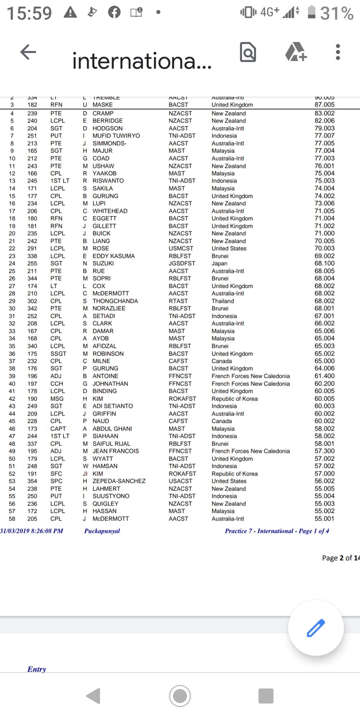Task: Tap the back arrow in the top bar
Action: pyautogui.click(x=28, y=52)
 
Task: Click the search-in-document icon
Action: pyautogui.click(x=248, y=52)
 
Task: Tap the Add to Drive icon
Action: pyautogui.click(x=296, y=52)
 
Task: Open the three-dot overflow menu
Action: pyautogui.click(x=338, y=52)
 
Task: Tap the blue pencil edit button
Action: pyautogui.click(x=316, y=628)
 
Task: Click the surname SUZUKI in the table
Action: pyautogui.click(x=103, y=264)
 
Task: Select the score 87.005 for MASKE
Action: pyautogui.click(x=324, y=105)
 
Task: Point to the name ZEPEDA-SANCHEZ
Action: pyautogui.click(x=119, y=481)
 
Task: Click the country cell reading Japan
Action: pyautogui.click(x=219, y=264)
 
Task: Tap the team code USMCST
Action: pyautogui.click(x=181, y=248)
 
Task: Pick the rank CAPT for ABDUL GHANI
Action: pyautogui.click(x=58, y=429)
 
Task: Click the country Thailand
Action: pyautogui.click(x=222, y=301)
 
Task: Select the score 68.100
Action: pyautogui.click(x=324, y=264)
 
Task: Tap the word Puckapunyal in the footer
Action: pyautogui.click(x=102, y=531)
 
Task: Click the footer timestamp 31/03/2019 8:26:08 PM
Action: pyautogui.click(x=32, y=531)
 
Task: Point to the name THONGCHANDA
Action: pyautogui.click(x=115, y=301)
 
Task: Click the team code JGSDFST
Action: pyautogui.click(x=182, y=264)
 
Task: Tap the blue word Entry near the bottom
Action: pyautogui.click(x=37, y=669)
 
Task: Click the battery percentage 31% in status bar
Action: pyautogui.click(x=337, y=13)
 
